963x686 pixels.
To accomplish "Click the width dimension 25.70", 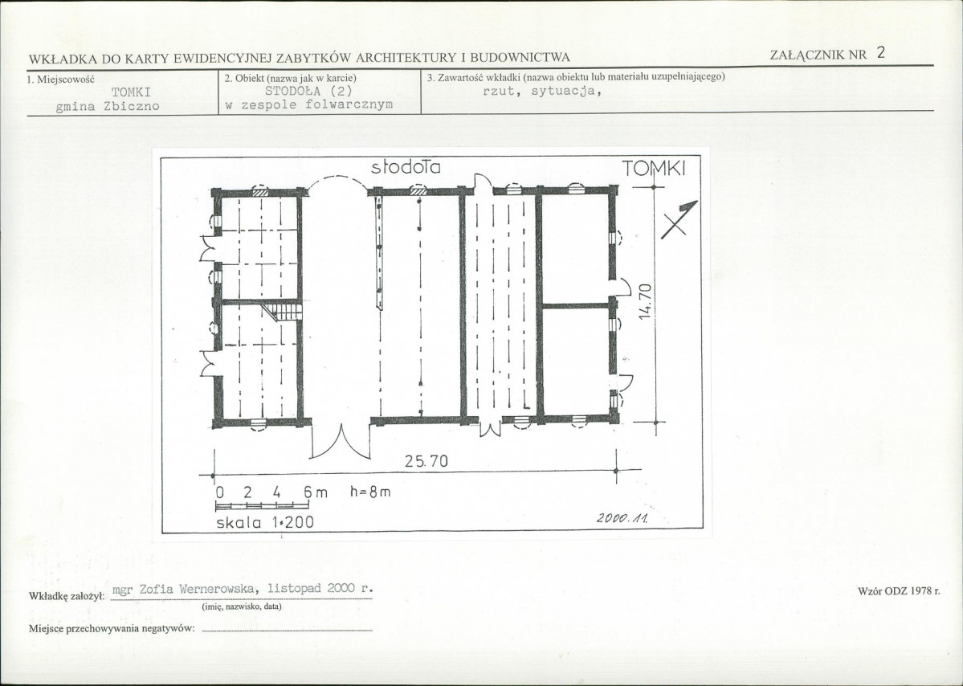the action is [426, 461].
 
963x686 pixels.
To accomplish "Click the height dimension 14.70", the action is [644, 301].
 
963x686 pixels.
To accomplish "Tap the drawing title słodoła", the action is [406, 167].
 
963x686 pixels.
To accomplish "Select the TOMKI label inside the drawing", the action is [654, 168].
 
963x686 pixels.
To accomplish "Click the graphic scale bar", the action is [262, 505].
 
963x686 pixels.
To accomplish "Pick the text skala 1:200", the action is [265, 523].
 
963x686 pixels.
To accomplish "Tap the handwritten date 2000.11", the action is [622, 518].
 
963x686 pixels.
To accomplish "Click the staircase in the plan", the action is [284, 312].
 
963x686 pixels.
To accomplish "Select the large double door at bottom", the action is [341, 442].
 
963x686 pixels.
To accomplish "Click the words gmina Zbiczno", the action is [108, 106].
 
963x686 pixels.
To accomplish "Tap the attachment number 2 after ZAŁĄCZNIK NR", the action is [881, 53].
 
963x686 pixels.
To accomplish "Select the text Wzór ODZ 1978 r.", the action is [899, 590].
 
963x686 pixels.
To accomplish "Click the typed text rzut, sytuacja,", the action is [541, 92].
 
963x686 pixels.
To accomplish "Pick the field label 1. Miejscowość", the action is [60, 80].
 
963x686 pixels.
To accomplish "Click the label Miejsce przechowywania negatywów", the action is [112, 628].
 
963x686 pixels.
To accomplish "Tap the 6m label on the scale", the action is [316, 492].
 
